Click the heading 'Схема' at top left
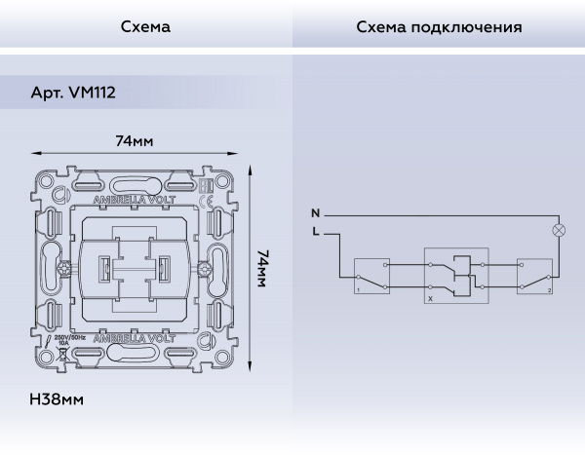click(x=145, y=26)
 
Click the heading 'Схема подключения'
click(x=439, y=26)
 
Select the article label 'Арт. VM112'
click(x=75, y=94)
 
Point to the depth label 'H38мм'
click(x=56, y=400)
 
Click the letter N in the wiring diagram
click(x=315, y=212)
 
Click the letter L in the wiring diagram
click(x=315, y=232)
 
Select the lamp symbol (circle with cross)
click(x=560, y=231)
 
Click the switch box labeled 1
click(x=370, y=275)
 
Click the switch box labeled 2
click(x=534, y=275)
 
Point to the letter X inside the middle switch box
click(x=430, y=299)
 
